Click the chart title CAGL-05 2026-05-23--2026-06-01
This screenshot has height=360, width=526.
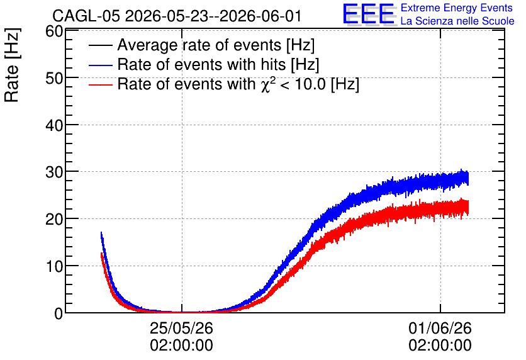[x=177, y=16]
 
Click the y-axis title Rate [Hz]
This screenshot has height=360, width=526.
[x=12, y=65]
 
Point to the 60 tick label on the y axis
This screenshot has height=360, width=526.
[x=54, y=31]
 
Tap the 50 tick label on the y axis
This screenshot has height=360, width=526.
[x=54, y=78]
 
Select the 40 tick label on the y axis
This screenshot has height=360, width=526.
[x=54, y=125]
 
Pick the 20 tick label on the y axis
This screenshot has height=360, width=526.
[x=54, y=220]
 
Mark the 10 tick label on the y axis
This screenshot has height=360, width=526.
[x=54, y=266]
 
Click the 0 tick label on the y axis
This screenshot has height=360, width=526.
[x=59, y=313]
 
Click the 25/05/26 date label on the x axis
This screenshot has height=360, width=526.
[x=181, y=328]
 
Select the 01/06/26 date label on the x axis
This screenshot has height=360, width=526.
[x=440, y=328]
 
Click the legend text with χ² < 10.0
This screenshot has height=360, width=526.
[x=238, y=84]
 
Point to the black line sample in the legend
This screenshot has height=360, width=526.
[x=101, y=45]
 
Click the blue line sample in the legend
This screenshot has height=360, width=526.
[x=101, y=65]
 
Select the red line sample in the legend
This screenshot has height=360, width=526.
[x=101, y=84]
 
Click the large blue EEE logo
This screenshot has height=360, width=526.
[x=369, y=14]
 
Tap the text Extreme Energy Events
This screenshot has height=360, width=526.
[x=457, y=8]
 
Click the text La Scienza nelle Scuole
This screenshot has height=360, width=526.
[x=457, y=21]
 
